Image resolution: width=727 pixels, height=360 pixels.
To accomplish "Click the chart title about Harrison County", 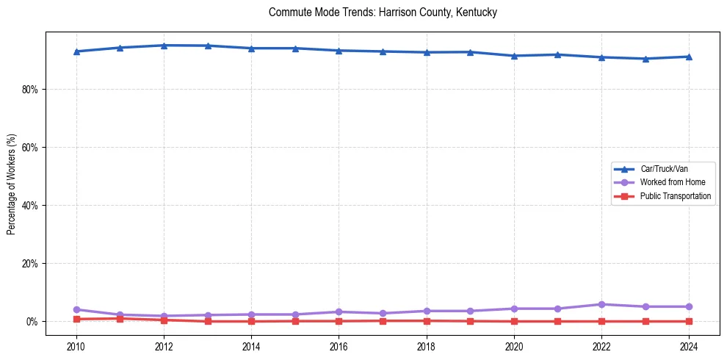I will [383, 12].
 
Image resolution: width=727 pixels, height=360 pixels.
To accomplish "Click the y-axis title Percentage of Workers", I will [12, 184].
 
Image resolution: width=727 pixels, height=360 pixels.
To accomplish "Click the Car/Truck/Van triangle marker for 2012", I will [164, 46].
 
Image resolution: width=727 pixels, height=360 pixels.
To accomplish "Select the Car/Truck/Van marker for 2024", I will [689, 57].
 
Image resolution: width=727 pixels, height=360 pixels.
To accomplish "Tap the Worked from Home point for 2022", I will [601, 304].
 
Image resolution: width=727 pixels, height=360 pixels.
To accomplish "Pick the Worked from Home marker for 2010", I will [76, 309].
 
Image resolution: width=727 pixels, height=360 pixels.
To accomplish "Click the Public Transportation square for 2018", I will [427, 320].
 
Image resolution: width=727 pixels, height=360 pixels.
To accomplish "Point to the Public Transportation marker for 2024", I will [689, 321].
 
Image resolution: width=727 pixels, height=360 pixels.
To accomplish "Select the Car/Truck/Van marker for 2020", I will [514, 56].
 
